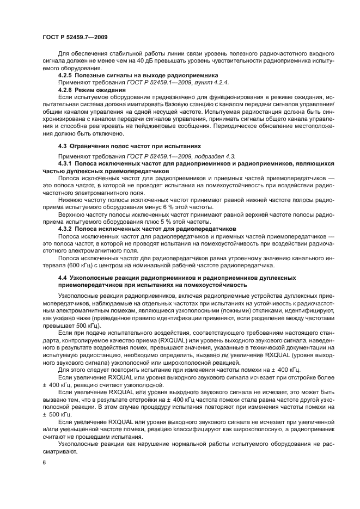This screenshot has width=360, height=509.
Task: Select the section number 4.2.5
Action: (65, 75)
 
